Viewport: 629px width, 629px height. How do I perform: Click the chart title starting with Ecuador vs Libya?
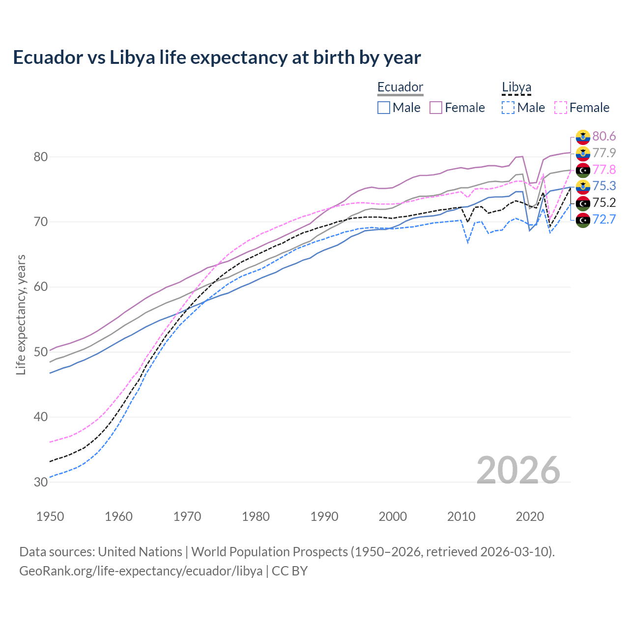[x=217, y=57]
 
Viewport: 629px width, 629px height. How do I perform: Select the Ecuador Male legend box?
[x=384, y=108]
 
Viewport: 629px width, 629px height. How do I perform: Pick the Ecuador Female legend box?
[x=436, y=108]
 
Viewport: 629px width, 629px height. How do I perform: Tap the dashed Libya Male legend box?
[x=508, y=108]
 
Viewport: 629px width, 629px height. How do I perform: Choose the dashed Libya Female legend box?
[x=561, y=108]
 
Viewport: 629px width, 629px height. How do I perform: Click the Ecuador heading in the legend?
[x=400, y=87]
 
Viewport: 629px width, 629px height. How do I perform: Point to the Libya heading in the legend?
[x=516, y=87]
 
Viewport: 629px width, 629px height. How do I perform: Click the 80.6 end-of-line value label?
[x=604, y=136]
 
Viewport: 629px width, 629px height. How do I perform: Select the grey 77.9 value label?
[x=604, y=153]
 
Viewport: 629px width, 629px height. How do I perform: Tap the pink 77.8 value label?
[x=604, y=170]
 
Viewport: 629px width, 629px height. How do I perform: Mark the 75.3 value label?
[x=604, y=186]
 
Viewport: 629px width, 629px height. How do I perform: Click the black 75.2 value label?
[x=604, y=202]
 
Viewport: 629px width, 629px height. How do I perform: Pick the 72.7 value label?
[x=604, y=219]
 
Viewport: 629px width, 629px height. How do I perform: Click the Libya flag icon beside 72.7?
[x=583, y=220]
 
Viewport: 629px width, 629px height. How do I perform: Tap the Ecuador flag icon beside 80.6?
[x=583, y=137]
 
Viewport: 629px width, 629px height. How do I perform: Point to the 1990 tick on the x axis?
[x=324, y=516]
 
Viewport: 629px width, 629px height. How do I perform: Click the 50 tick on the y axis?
[x=41, y=352]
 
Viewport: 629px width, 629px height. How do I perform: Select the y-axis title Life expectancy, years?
[x=21, y=314]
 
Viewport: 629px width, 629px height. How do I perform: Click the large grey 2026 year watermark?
[x=518, y=470]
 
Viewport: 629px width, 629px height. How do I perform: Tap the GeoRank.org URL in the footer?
[x=141, y=571]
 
